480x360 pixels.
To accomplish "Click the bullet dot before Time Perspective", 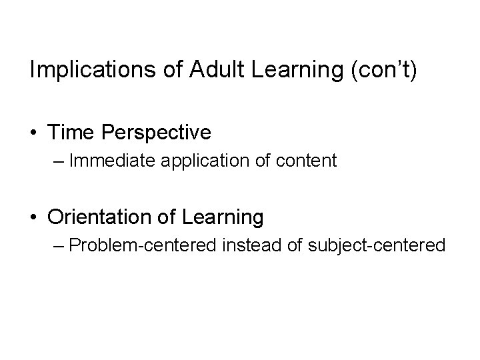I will tap(34, 133).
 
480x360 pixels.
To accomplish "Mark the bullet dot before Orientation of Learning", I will tap(34, 217).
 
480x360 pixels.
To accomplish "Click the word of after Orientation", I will tap(165, 217).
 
